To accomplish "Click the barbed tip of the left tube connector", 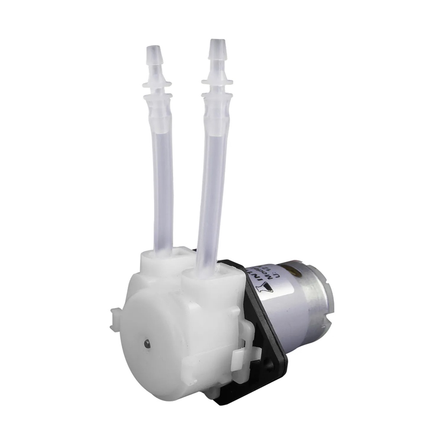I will tap(151, 55).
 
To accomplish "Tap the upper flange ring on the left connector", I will tap(157, 83).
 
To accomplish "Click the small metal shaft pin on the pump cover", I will tap(147, 344).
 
